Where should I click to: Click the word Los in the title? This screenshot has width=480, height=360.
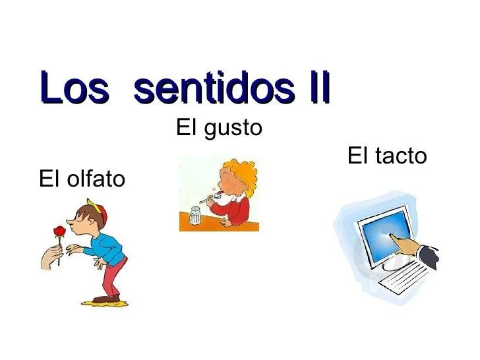click(73, 89)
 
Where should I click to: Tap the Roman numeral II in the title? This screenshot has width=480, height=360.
click(314, 89)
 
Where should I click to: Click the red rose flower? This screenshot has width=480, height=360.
click(59, 231)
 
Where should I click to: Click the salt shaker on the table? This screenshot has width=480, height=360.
click(195, 216)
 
